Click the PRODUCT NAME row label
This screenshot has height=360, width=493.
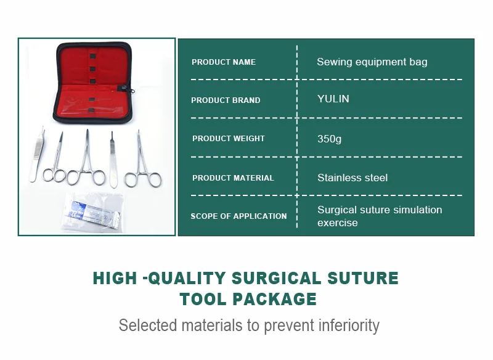pyautogui.click(x=224, y=62)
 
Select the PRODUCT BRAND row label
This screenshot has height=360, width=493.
pyautogui.click(x=226, y=100)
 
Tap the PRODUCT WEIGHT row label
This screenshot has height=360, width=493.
pyautogui.click(x=229, y=138)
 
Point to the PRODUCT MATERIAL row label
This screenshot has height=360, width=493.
pyautogui.click(x=233, y=178)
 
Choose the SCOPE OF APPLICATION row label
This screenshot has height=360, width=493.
pyautogui.click(x=238, y=216)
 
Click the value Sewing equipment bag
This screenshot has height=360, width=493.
pyautogui.click(x=372, y=62)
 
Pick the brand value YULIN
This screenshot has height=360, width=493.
pyautogui.click(x=333, y=99)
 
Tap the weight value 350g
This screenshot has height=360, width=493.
pyautogui.click(x=329, y=139)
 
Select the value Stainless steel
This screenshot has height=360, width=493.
pyautogui.click(x=352, y=178)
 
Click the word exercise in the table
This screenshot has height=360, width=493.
pyautogui.click(x=337, y=223)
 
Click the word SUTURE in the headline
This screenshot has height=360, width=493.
pyautogui.click(x=363, y=278)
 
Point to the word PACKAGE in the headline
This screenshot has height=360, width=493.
pyautogui.click(x=274, y=299)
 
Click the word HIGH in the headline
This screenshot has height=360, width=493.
pyautogui.click(x=115, y=278)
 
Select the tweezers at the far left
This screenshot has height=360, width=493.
pyautogui.click(x=37, y=155)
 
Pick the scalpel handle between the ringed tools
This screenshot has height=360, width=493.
pyautogui.click(x=113, y=160)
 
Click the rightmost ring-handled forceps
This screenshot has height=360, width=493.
pyautogui.click(x=142, y=160)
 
